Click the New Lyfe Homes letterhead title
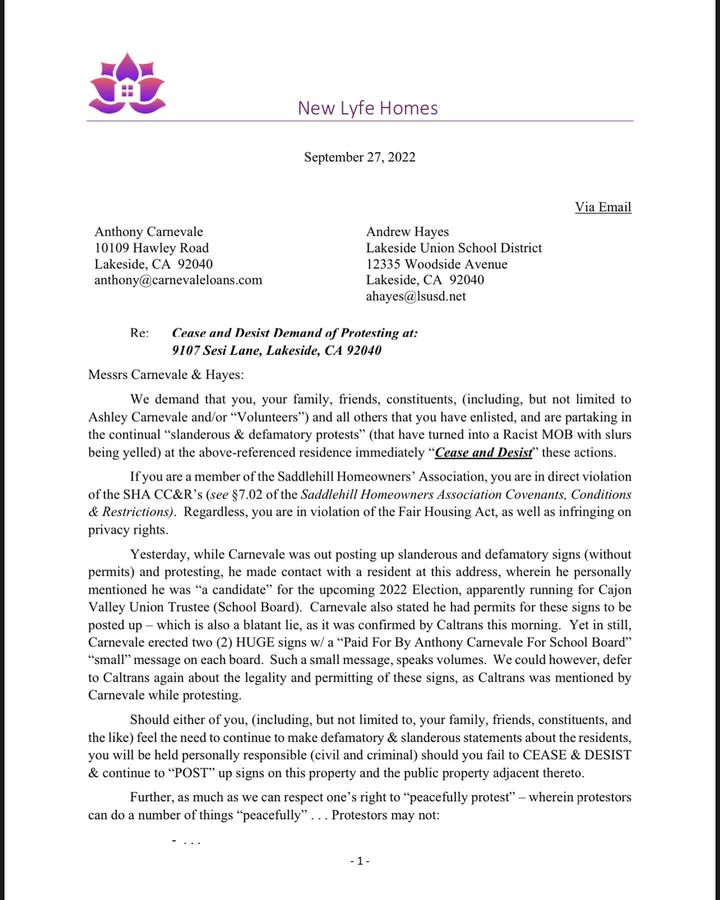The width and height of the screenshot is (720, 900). pyautogui.click(x=367, y=108)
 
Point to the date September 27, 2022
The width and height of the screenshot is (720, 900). pyautogui.click(x=359, y=157)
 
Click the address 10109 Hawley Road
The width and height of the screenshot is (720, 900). pyautogui.click(x=151, y=248)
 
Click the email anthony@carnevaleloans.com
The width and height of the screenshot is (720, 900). pyautogui.click(x=178, y=280)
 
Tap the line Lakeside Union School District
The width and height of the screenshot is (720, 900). pyautogui.click(x=454, y=248)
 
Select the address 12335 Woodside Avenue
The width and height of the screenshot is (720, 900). pyautogui.click(x=436, y=264)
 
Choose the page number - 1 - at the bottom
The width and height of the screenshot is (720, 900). pyautogui.click(x=360, y=860)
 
